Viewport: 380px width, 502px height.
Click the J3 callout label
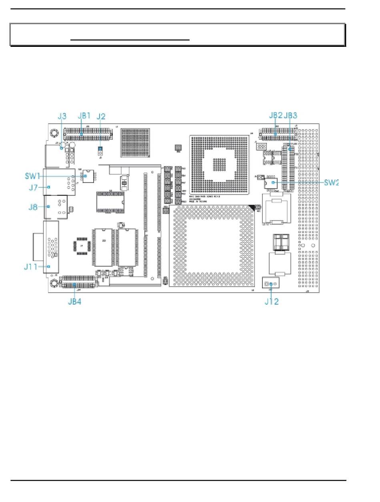[62, 116]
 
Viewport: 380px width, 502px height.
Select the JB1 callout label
[85, 116]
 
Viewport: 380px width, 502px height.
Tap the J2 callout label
[101, 116]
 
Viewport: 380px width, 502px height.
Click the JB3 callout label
[290, 116]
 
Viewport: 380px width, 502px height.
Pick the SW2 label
[332, 182]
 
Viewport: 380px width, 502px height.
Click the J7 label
[33, 187]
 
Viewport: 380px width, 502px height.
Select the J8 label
[33, 207]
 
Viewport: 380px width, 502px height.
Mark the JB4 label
[74, 301]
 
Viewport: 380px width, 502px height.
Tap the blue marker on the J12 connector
[271, 284]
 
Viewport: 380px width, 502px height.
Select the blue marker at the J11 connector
[48, 267]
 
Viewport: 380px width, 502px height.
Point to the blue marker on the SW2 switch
[273, 183]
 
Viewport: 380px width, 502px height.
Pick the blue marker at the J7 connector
[48, 187]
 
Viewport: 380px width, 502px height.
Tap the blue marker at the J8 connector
[48, 207]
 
